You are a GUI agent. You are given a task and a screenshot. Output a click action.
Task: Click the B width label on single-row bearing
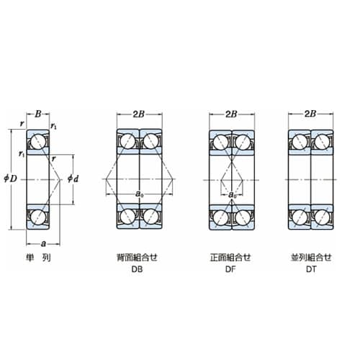click(x=38, y=114)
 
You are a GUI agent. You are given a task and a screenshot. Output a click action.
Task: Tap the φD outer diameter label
click(x=10, y=179)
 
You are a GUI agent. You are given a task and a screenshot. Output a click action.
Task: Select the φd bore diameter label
click(x=73, y=179)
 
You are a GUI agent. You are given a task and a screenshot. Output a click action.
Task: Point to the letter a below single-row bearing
click(x=43, y=244)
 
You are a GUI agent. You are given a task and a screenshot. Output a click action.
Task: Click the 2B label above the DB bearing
click(x=139, y=114)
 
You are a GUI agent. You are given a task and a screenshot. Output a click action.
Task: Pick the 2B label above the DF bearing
click(x=231, y=114)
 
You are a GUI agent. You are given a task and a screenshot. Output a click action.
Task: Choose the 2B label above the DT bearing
click(x=310, y=114)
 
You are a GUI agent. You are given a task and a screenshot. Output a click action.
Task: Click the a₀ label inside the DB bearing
click(x=140, y=194)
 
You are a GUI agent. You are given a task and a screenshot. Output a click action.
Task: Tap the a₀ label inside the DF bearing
click(x=232, y=195)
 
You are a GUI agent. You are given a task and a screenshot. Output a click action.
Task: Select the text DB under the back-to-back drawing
click(x=137, y=269)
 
